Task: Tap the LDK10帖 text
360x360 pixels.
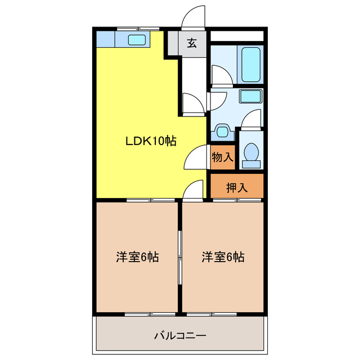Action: coord(151,142)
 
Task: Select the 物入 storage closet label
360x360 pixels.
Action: coord(222,157)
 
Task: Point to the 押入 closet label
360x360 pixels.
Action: coord(236,187)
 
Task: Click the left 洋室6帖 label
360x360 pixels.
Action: coord(137,257)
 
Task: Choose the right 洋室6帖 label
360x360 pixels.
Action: coord(223,257)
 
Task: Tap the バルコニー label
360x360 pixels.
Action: coord(180,336)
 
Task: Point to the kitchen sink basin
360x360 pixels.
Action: coord(137,39)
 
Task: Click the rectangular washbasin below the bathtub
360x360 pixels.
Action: coord(250,96)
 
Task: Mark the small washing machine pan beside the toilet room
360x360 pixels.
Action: coord(223,133)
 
